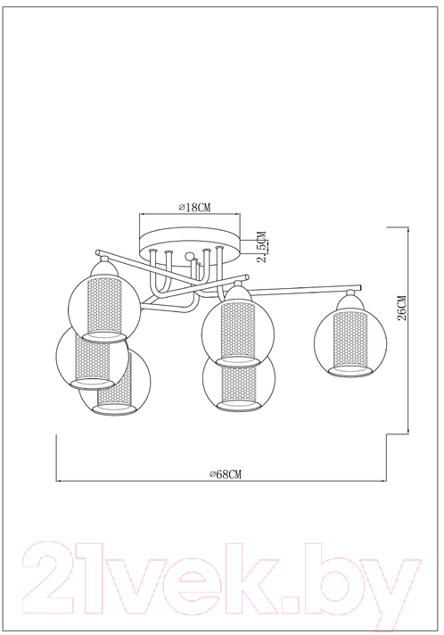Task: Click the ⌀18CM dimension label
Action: click(195, 207)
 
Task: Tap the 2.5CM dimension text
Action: click(263, 246)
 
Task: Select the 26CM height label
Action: click(403, 308)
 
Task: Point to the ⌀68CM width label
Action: click(226, 474)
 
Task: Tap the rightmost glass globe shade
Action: click(350, 340)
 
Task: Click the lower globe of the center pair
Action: click(239, 383)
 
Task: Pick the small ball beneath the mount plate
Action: click(189, 257)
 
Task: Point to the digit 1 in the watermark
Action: click(86, 577)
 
